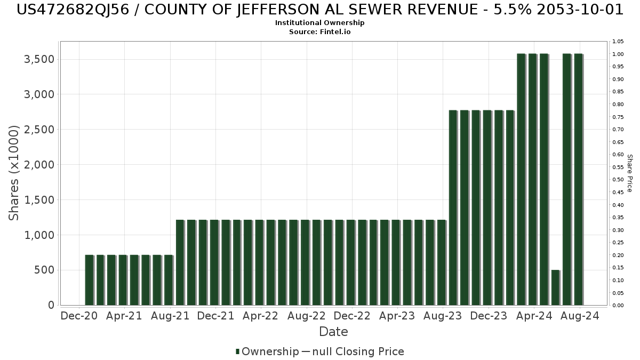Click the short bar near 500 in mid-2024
555,287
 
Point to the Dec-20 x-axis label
79,316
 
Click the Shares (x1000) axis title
14,173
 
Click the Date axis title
333,332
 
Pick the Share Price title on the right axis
629,173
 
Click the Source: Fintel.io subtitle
319,32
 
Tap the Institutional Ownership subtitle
319,23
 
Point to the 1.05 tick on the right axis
618,42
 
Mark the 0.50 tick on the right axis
618,180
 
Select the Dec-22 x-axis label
352,316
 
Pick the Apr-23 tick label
397,316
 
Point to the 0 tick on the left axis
51,305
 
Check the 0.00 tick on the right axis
618,306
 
